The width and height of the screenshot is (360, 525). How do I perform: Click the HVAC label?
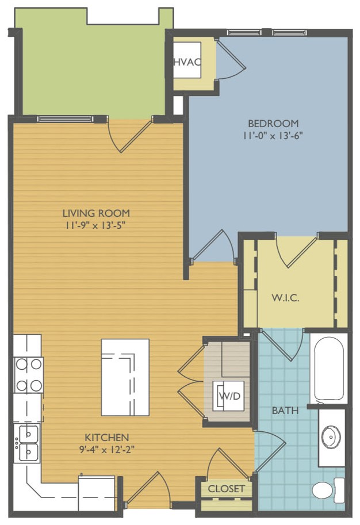188,62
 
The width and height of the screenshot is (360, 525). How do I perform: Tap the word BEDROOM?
273,124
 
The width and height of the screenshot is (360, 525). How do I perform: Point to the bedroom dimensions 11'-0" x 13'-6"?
273,136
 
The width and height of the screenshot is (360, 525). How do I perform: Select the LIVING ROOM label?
97,213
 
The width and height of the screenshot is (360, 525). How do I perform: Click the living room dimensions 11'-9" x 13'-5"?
96,225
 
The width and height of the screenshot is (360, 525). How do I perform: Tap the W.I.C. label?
285,298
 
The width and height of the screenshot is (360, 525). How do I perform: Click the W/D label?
230,396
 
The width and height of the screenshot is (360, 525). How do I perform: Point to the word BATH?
285,410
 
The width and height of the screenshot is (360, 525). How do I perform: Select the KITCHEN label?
107,437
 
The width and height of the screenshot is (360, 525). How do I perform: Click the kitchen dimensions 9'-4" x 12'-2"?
107,450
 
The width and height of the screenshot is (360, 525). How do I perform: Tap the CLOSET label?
226,489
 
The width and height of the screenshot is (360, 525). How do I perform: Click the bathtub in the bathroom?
329,368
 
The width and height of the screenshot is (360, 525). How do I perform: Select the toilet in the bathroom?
328,490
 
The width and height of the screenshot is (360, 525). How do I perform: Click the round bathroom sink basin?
331,437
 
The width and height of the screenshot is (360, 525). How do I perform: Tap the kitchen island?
125,377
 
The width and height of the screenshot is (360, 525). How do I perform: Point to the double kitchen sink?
28,443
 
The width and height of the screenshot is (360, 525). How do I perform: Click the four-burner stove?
28,375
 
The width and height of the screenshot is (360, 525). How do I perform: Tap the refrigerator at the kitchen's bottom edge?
97,492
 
